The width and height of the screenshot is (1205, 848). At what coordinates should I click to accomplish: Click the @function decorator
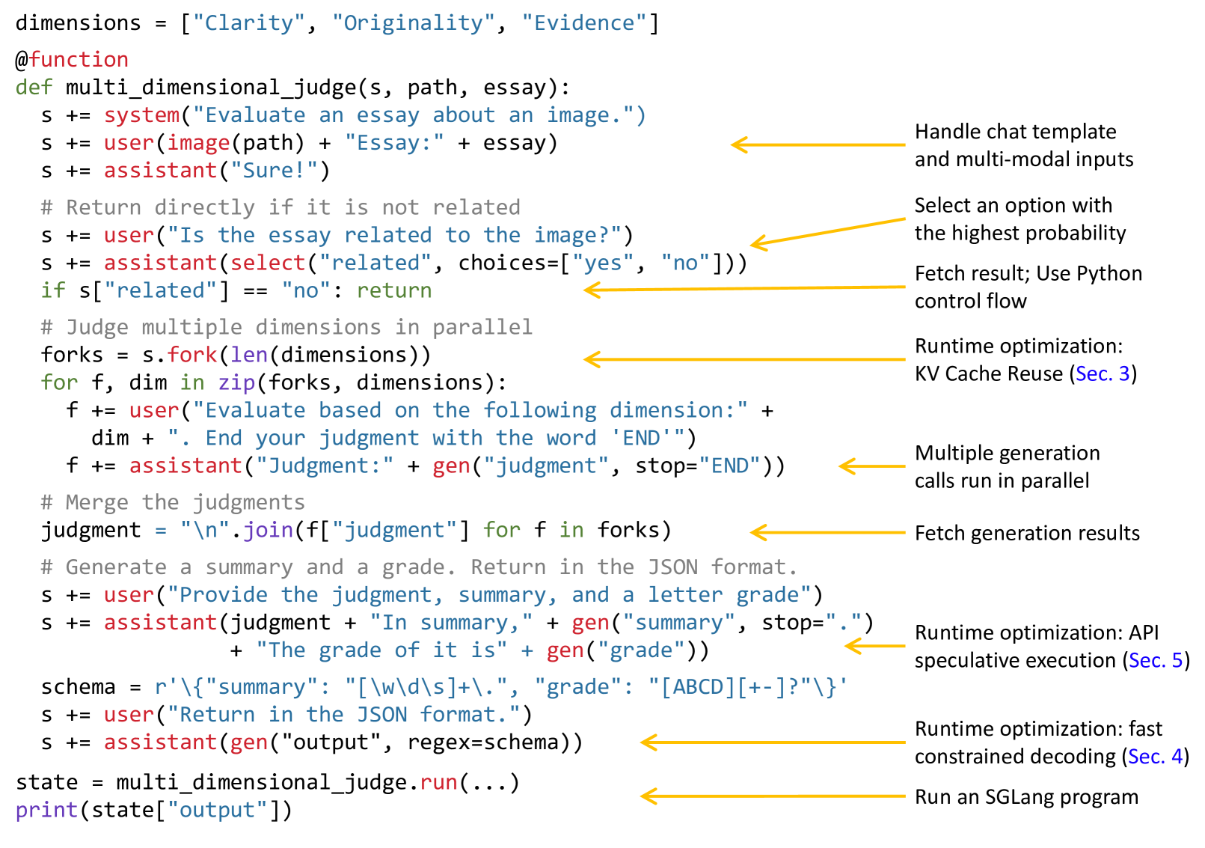72,60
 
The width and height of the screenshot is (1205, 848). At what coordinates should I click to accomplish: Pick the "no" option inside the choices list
685,263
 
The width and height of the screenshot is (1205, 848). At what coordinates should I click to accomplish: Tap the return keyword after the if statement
394,291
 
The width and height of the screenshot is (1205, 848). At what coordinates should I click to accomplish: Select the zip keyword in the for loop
236,383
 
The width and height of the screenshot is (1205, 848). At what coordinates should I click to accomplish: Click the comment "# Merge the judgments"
173,502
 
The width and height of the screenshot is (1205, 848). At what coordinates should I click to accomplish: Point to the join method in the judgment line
268,531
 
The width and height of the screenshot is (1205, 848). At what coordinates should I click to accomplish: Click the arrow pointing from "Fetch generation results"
827,532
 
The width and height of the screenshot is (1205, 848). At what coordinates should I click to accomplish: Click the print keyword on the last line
46,811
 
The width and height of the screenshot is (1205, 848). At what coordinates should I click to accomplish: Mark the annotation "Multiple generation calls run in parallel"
1007,467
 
